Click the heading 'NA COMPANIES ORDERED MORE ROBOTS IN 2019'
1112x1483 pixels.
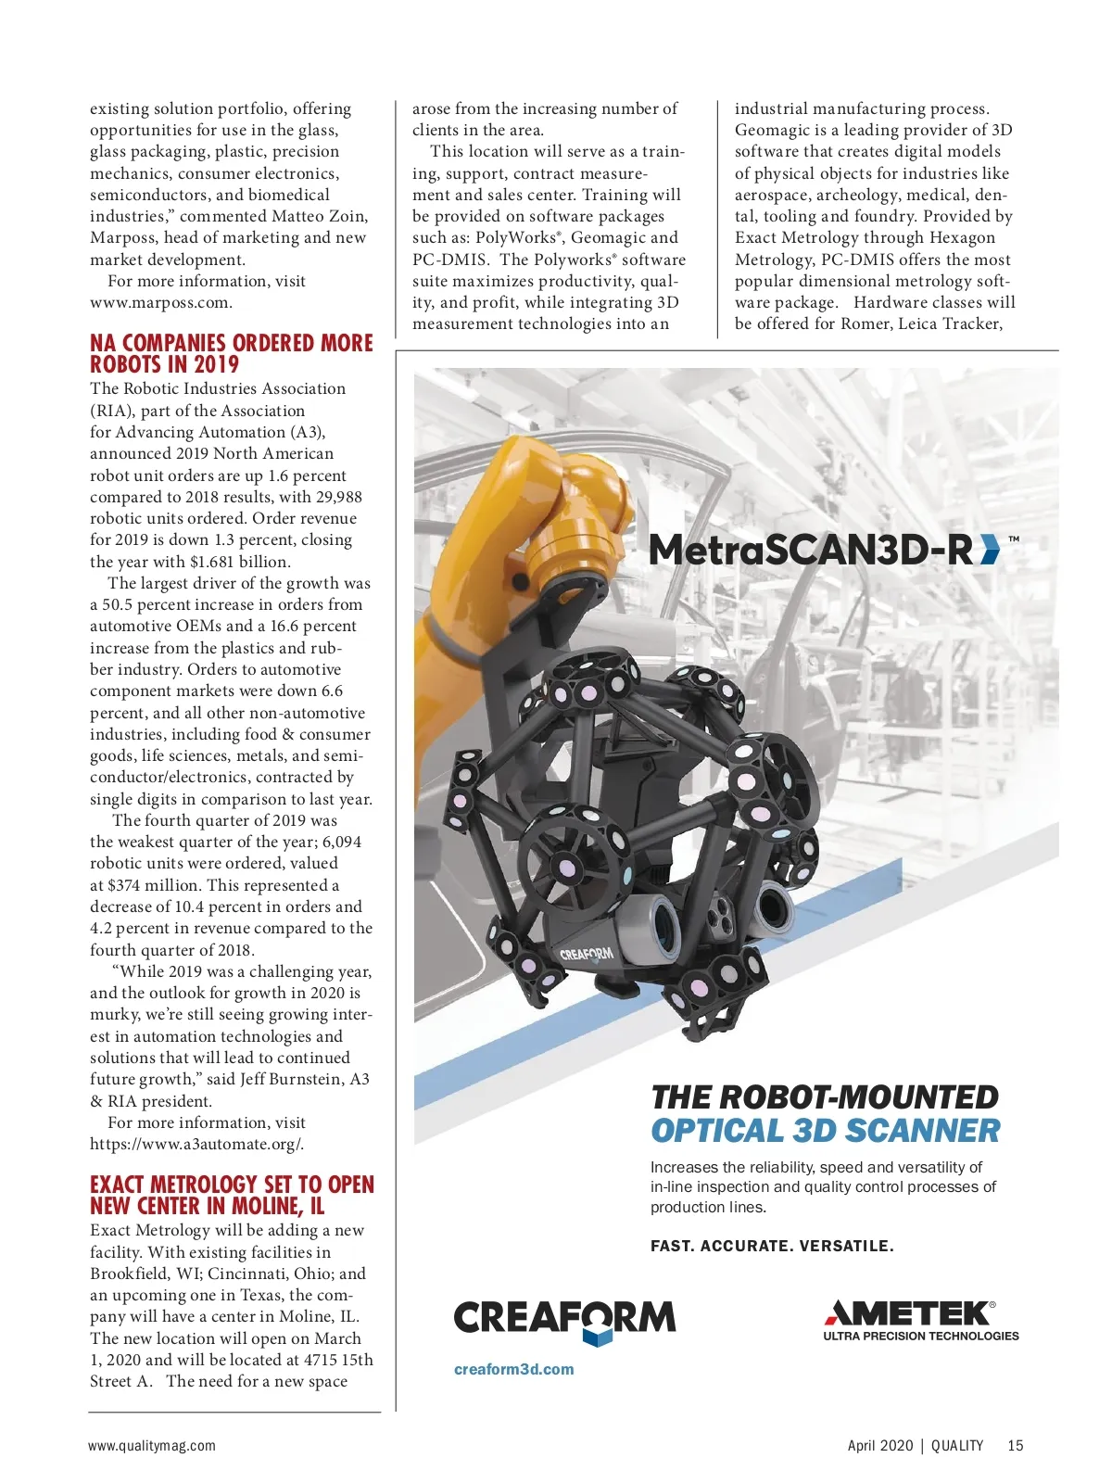click(231, 353)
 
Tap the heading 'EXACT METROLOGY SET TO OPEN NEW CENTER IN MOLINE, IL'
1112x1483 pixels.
click(232, 1195)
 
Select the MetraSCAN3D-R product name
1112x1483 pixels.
click(811, 550)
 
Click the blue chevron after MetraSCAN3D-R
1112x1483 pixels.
click(990, 550)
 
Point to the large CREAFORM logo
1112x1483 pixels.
click(564, 1319)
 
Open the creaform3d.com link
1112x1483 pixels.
click(513, 1369)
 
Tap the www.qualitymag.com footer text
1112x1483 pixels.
click(152, 1445)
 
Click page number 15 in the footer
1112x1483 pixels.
click(1016, 1445)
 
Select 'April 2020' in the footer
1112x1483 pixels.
click(879, 1445)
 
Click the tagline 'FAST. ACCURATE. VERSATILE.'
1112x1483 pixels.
click(772, 1246)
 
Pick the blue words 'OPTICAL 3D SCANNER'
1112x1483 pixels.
click(825, 1131)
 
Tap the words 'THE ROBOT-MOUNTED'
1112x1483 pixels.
click(824, 1097)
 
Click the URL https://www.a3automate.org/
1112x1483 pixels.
click(196, 1144)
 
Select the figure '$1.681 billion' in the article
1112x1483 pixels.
click(240, 562)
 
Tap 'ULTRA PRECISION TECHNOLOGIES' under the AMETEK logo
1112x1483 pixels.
click(920, 1336)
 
